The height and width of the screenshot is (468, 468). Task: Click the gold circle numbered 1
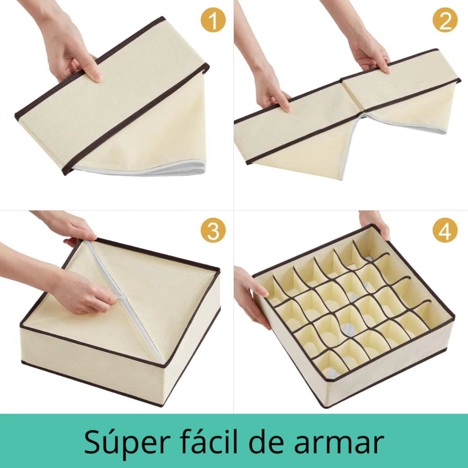click(213, 20)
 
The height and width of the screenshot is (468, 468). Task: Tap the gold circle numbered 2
click(445, 20)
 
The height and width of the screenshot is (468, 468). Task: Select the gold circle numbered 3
click(213, 230)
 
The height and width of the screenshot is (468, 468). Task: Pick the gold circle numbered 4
click(445, 230)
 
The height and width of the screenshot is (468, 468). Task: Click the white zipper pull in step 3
click(119, 298)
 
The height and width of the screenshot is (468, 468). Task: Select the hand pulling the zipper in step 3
click(84, 291)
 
